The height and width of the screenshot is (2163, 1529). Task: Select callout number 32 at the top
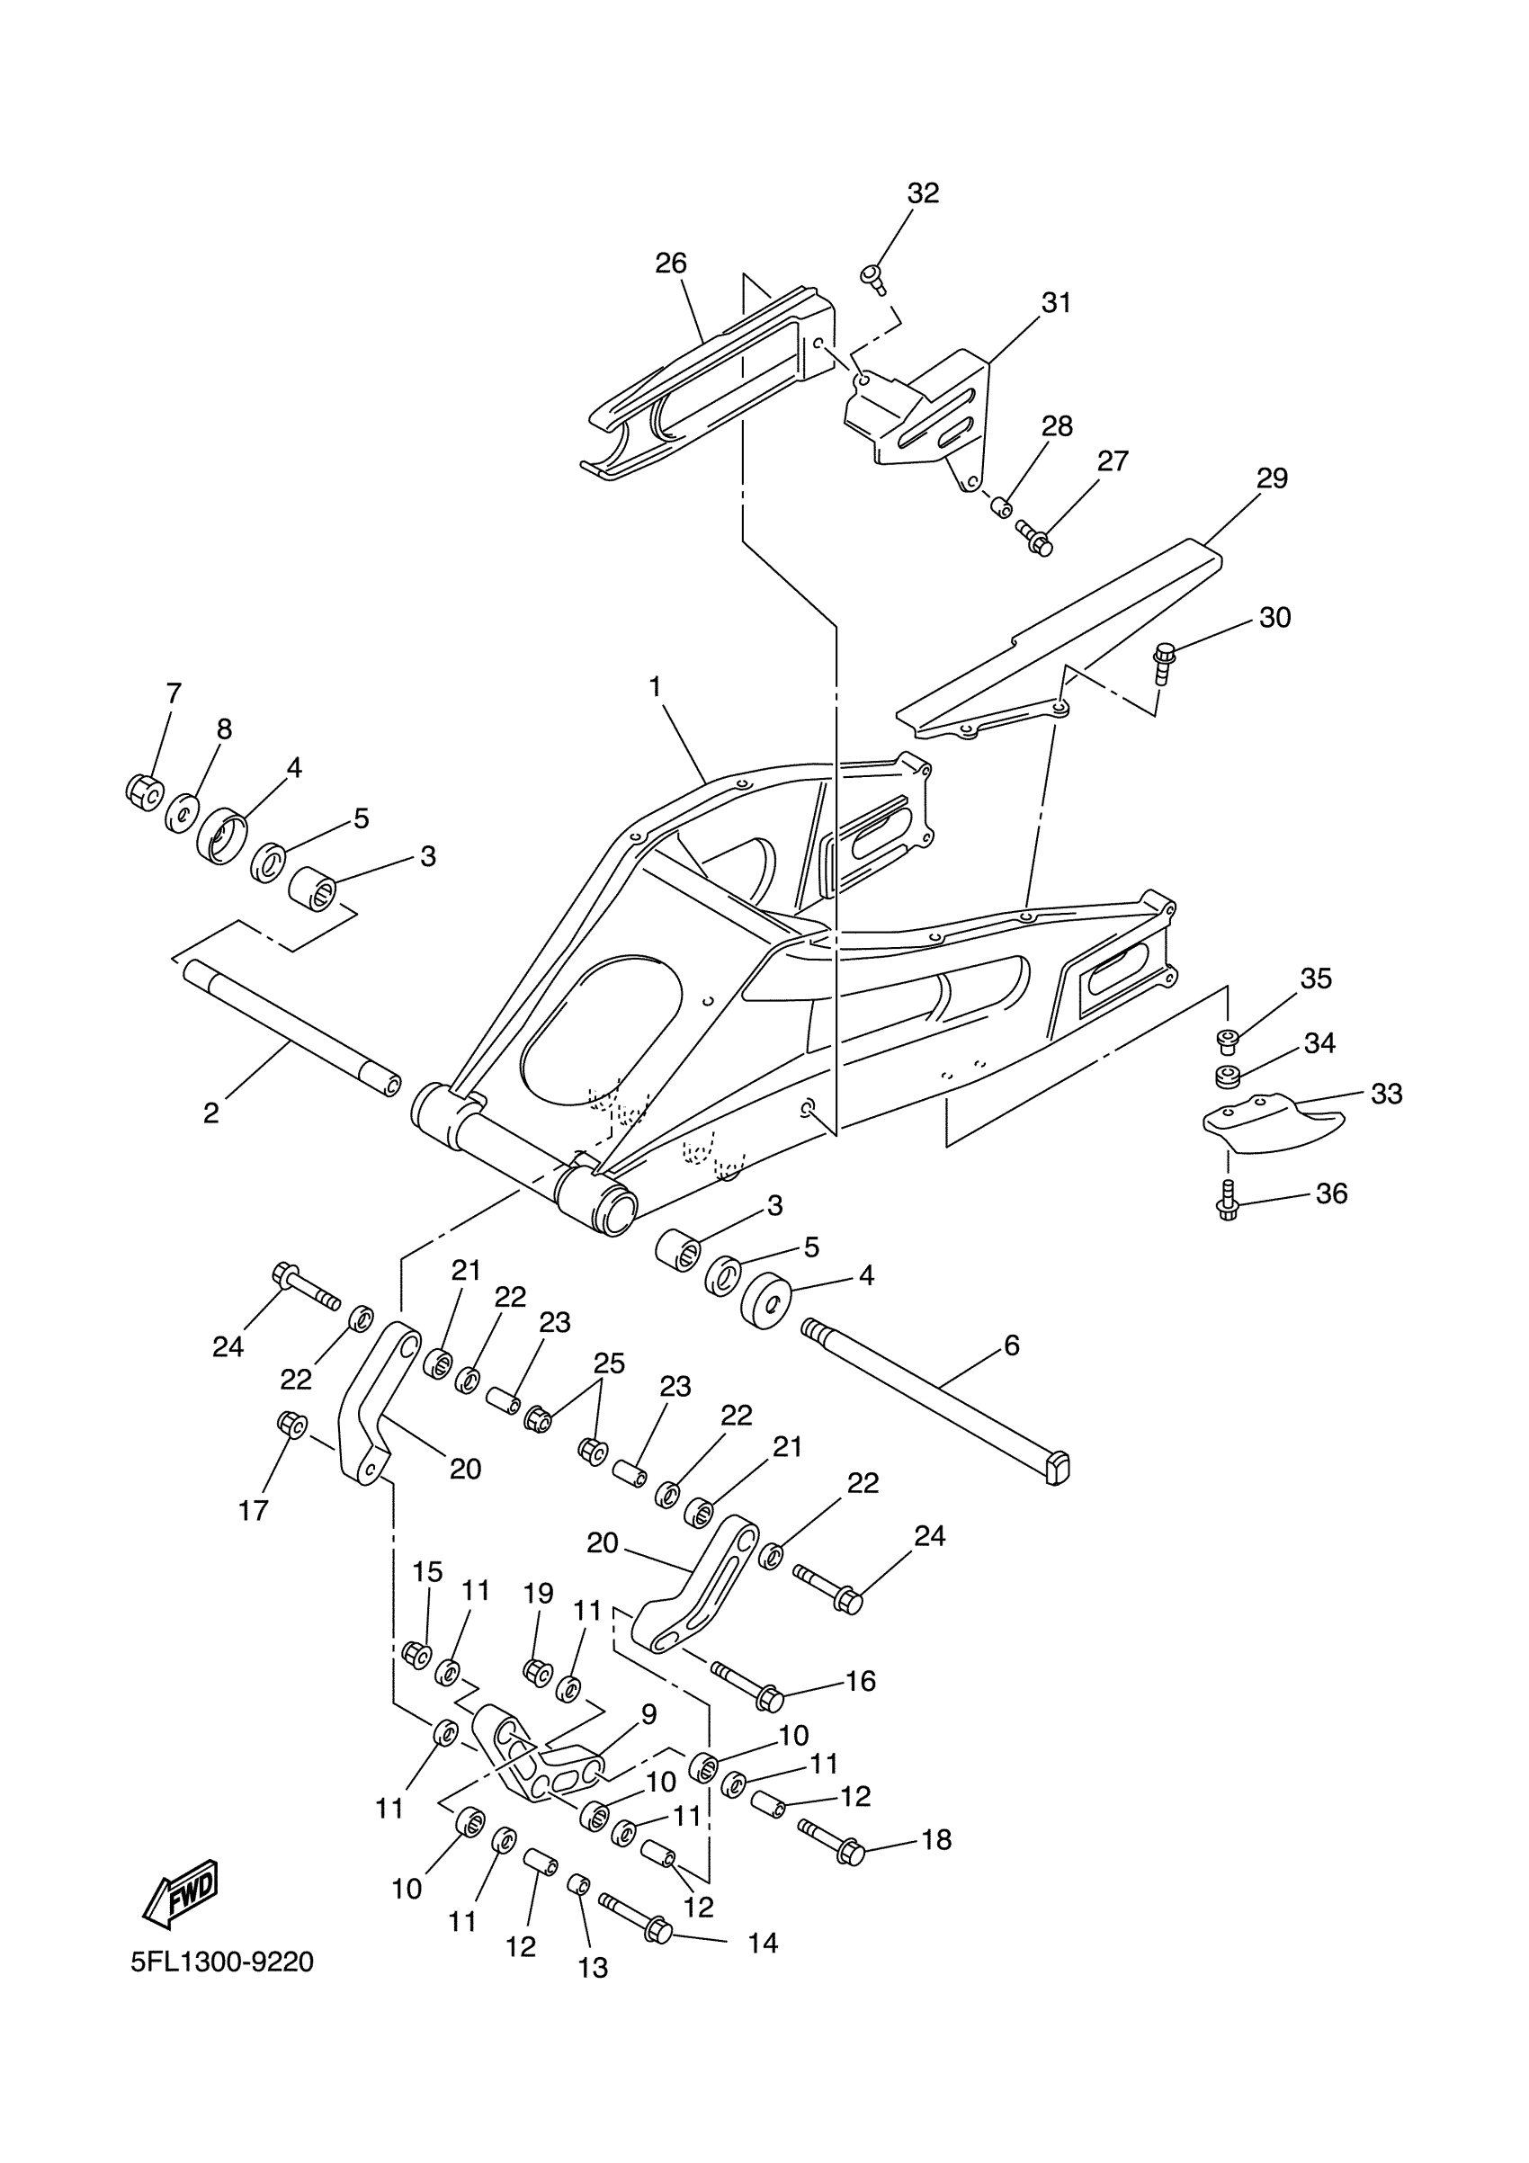point(923,193)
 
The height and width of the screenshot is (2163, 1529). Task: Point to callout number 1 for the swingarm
point(655,687)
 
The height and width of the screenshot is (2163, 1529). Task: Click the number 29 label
point(1272,478)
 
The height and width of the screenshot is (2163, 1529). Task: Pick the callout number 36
point(1331,1193)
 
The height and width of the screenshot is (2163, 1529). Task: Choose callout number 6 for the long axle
point(1012,1345)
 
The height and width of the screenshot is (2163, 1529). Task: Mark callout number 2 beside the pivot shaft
point(211,1113)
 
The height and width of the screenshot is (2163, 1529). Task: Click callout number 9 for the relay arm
point(648,1714)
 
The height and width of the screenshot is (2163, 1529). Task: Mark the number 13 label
point(593,1968)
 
